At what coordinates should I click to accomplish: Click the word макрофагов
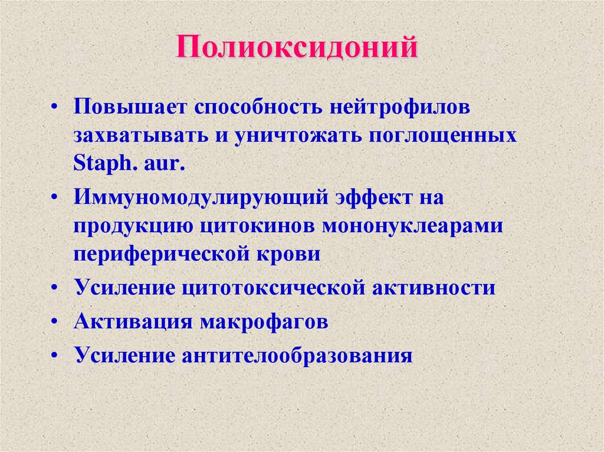[264, 322]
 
